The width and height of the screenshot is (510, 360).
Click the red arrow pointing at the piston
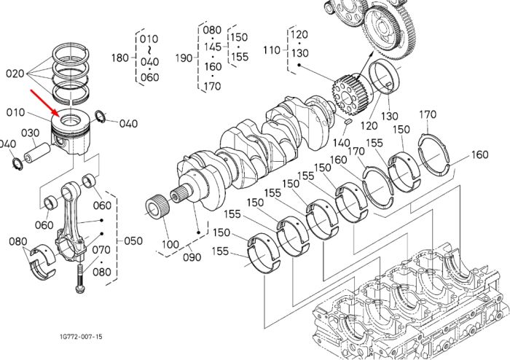coord(45,103)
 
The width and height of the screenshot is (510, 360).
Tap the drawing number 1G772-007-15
coord(81,336)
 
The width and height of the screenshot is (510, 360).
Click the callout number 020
coord(15,74)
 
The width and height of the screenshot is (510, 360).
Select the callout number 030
coord(31,133)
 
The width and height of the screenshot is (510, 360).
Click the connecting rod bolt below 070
coord(80,278)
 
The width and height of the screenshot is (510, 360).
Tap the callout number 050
coord(133,241)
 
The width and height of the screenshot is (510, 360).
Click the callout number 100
coord(170,244)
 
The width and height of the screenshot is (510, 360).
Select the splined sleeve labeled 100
coord(157,206)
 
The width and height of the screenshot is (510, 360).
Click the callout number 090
coord(192,257)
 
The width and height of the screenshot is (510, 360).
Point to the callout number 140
coord(341,143)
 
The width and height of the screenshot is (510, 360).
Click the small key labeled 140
coord(348,122)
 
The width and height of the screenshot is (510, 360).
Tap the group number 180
coord(120,58)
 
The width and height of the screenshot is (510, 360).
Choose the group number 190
coord(184,58)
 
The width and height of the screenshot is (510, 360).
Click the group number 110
coord(272,50)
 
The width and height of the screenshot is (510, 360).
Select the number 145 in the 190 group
coord(213,47)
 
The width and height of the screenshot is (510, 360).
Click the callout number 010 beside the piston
coord(15,112)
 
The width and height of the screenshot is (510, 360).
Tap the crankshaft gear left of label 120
coord(348,95)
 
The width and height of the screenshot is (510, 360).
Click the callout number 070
coord(101,250)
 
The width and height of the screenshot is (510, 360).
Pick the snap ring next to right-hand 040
coord(101,117)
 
